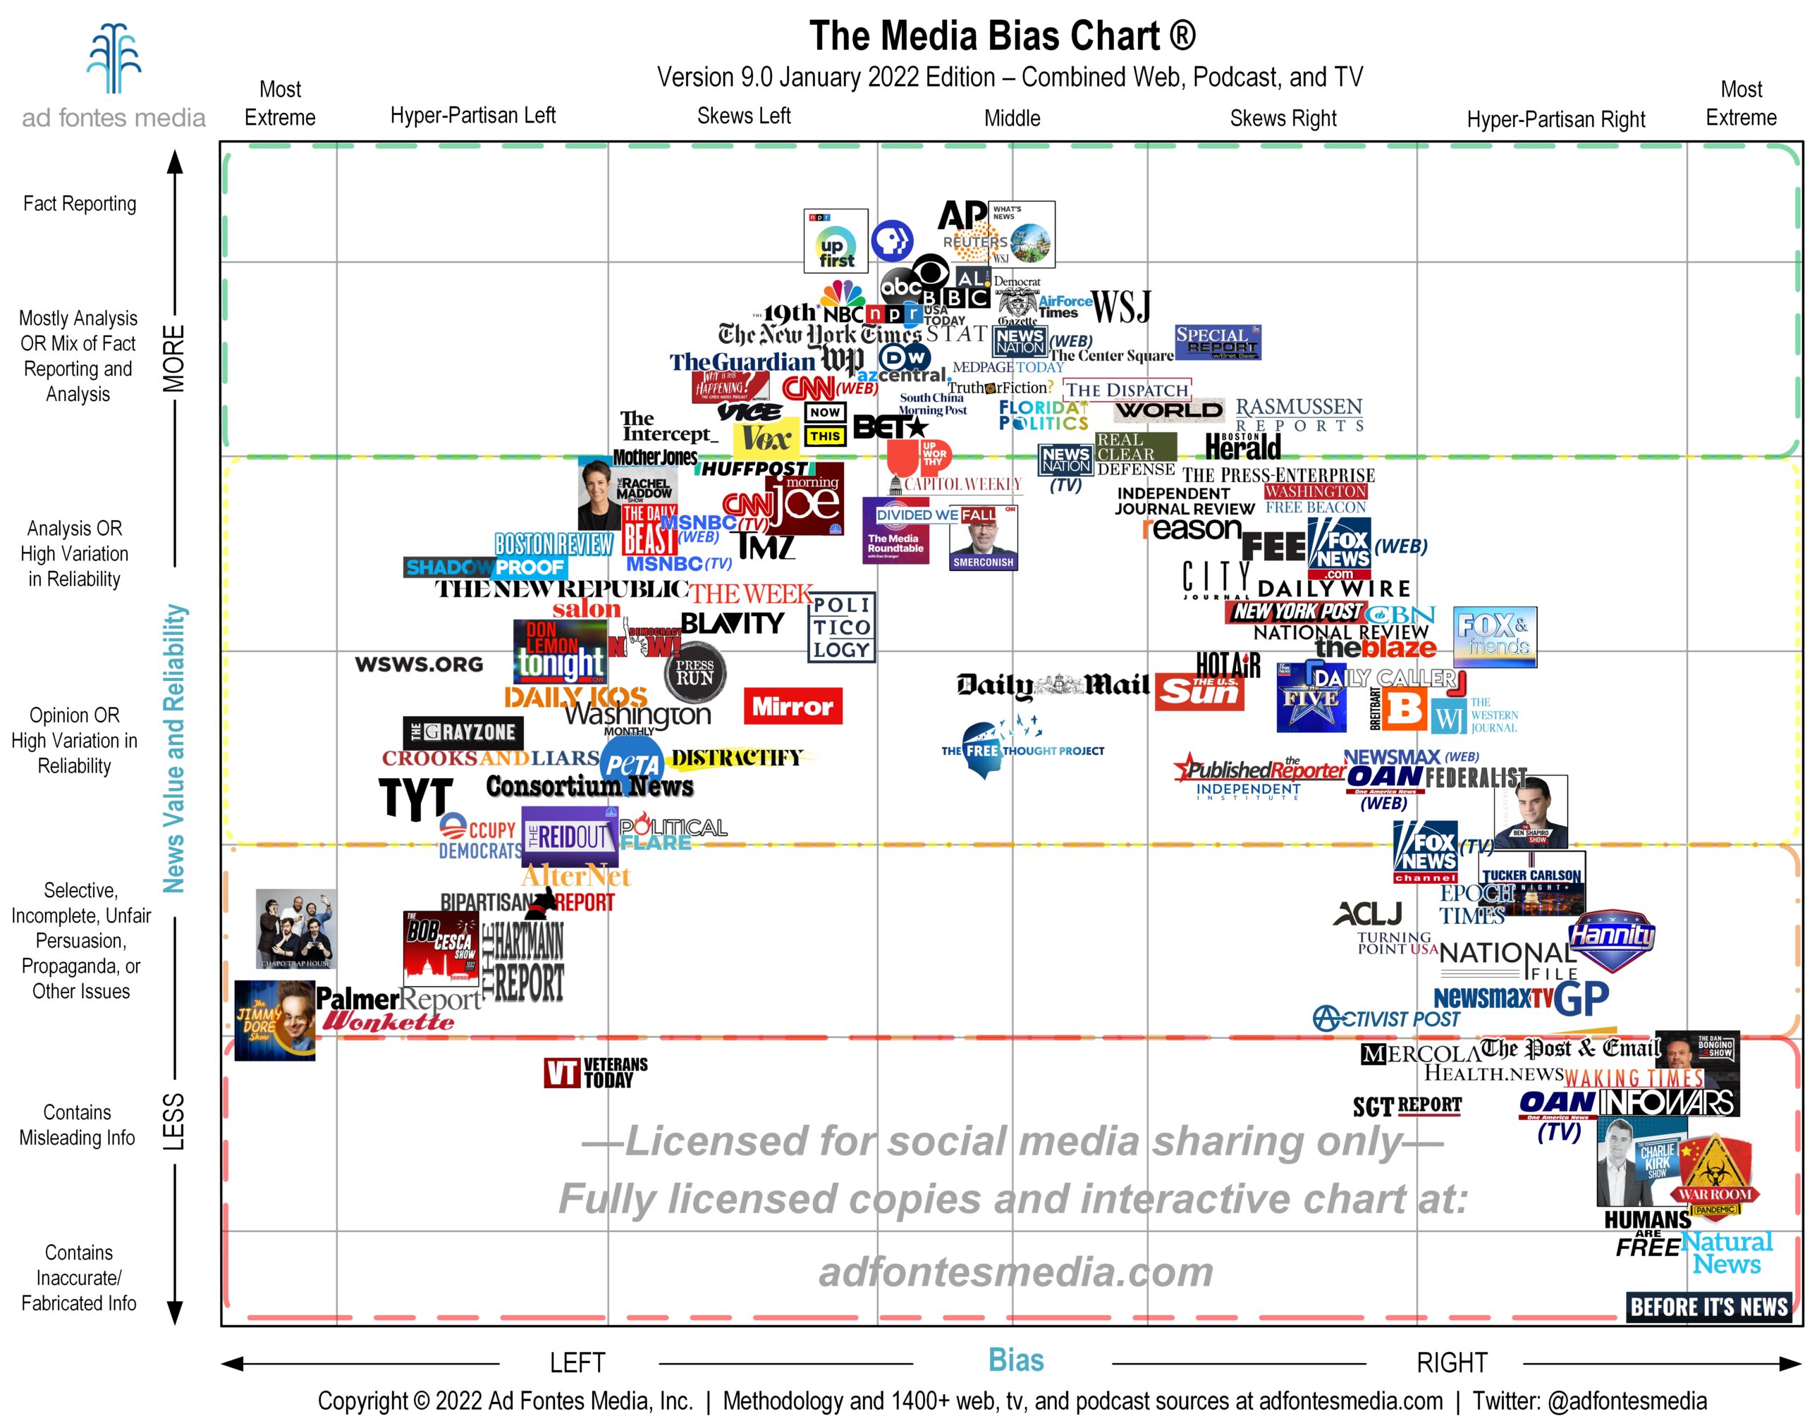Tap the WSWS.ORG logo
[x=419, y=665]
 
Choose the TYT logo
[x=416, y=799]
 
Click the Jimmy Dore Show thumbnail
[x=274, y=1021]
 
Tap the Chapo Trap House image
[x=296, y=929]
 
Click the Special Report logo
[x=1217, y=342]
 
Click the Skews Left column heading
[x=744, y=116]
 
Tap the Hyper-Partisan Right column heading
[x=1555, y=120]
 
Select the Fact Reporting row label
[x=80, y=204]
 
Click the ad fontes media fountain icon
[x=114, y=59]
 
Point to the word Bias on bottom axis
[x=1015, y=1360]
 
